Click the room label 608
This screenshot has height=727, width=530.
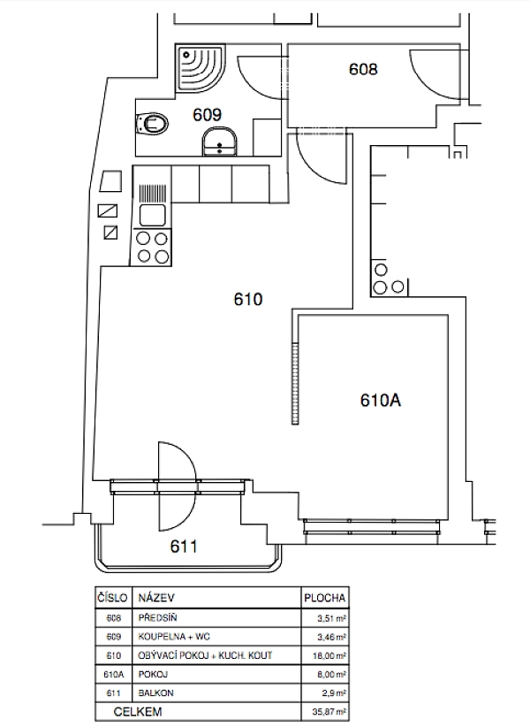point(363,69)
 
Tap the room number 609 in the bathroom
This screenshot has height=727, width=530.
point(207,114)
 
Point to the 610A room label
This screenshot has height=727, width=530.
point(380,400)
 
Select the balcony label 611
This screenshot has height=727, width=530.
point(184,547)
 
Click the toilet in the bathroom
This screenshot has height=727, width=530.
point(152,123)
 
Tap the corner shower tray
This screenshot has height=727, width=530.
point(201,68)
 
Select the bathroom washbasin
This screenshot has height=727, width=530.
point(219,142)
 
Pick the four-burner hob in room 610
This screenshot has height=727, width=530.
point(152,248)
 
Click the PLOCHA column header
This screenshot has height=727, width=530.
point(324,598)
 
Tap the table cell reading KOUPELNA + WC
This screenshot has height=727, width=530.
point(174,637)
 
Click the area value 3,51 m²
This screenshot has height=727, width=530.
point(332,618)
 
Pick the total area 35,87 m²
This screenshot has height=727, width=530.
point(329,711)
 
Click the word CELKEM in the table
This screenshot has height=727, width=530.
point(138,711)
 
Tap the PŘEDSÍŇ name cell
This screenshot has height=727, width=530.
point(157,617)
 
